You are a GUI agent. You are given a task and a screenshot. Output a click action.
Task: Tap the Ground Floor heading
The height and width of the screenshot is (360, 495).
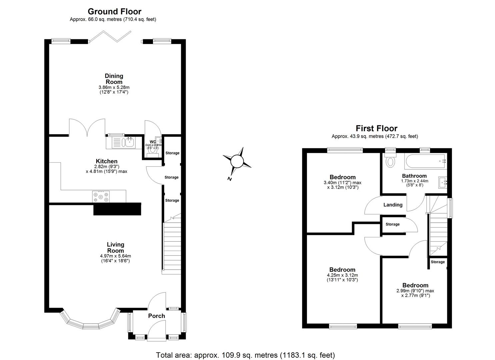(114, 12)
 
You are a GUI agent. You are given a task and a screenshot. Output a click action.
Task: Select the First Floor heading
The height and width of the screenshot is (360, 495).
(376, 128)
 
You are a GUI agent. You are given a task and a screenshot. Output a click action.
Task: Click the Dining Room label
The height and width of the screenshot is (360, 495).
(114, 79)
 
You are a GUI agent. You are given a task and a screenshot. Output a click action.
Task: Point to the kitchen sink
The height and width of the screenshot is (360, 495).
(128, 143)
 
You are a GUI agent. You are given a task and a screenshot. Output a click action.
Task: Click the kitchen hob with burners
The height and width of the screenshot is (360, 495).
(101, 196)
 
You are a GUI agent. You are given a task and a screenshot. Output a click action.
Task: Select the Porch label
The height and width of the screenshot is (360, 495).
(156, 316)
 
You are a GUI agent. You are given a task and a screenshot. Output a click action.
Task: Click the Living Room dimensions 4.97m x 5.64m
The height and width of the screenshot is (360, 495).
(115, 256)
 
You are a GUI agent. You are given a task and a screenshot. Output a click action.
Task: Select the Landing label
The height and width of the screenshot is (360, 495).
(393, 205)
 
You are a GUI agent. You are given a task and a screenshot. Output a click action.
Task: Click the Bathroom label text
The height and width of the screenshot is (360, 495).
(414, 176)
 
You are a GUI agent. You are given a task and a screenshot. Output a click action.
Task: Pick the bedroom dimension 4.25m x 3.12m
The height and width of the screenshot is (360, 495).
(342, 275)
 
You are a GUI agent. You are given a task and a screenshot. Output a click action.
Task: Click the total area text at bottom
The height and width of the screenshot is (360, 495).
(245, 355)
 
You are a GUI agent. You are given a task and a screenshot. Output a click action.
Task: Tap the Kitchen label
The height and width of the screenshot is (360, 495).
(106, 161)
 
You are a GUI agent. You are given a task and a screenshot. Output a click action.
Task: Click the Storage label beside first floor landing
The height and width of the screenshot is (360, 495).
(392, 224)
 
